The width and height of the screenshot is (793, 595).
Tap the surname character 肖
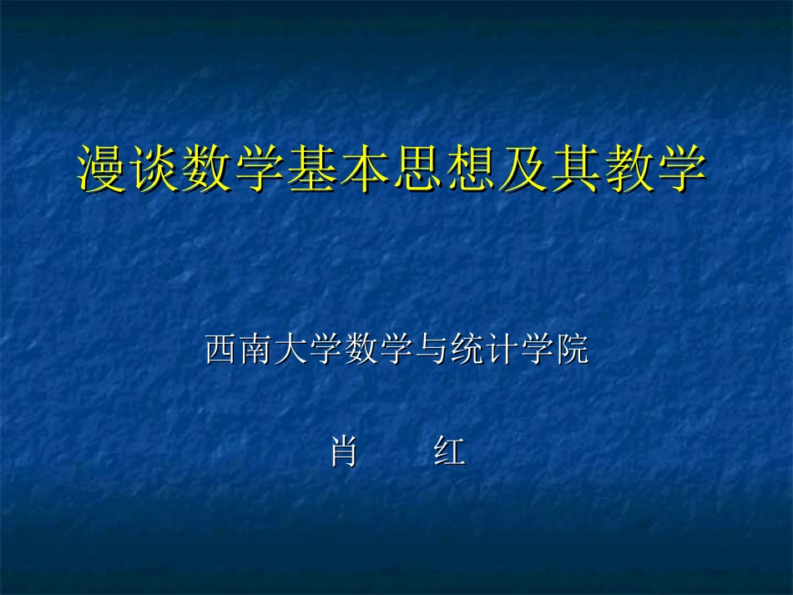343,452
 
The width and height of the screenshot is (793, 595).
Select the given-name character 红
448,452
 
